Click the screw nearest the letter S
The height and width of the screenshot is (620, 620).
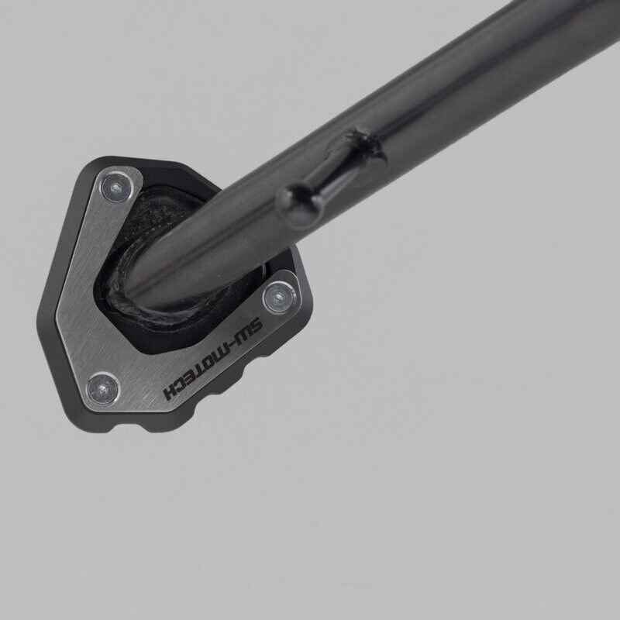pyautogui.click(x=279, y=297)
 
